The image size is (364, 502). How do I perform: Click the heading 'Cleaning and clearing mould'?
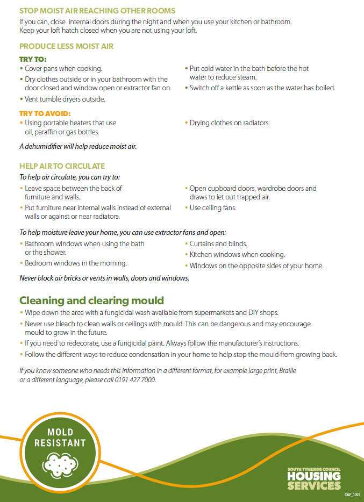pyautogui.click(x=91, y=300)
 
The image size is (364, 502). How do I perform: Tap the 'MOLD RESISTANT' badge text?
pyautogui.click(x=60, y=438)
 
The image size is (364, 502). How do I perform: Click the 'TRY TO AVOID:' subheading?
pyautogui.click(x=45, y=113)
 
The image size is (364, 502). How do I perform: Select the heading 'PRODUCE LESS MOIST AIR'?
pyautogui.click(x=66, y=47)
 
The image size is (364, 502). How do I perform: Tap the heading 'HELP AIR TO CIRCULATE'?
pyautogui.click(x=62, y=166)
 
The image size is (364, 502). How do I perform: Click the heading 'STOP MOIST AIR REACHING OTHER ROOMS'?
pyautogui.click(x=97, y=11)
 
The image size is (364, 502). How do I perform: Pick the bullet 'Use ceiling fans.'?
pyautogui.click(x=213, y=208)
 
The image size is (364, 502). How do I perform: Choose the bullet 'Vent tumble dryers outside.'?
pyautogui.click(x=65, y=99)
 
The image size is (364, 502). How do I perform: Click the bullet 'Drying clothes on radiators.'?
pyautogui.click(x=230, y=123)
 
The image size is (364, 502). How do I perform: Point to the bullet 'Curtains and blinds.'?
pyautogui.click(x=218, y=243)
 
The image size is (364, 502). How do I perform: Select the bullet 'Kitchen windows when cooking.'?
pyautogui.click(x=237, y=255)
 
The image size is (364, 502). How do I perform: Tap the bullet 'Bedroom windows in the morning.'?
pyautogui.click(x=75, y=263)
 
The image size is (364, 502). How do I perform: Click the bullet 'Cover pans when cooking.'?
pyautogui.click(x=63, y=69)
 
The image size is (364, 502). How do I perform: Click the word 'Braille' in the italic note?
pyautogui.click(x=286, y=371)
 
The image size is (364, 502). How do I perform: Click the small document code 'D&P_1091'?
pyautogui.click(x=352, y=493)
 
